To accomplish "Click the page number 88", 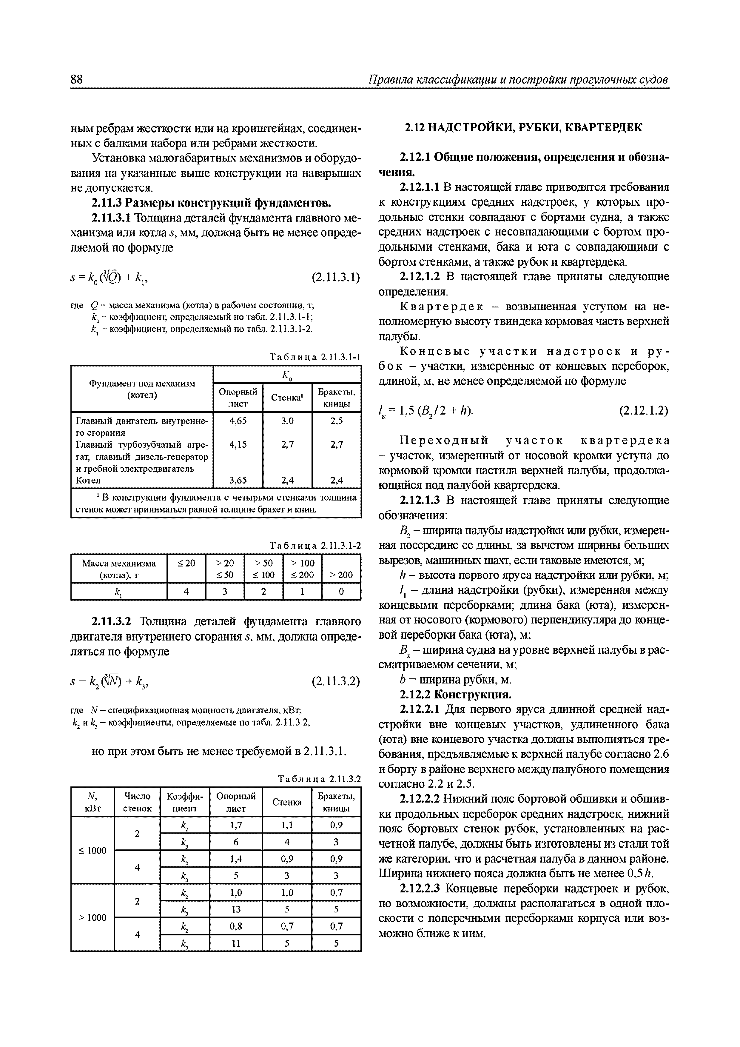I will click(77, 79).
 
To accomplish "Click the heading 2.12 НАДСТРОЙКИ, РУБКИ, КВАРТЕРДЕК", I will click(523, 128).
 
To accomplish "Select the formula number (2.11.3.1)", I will click(336, 277).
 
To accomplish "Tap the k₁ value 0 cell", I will click(341, 592).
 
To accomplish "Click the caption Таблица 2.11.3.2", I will click(319, 779).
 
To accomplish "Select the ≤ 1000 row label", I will click(92, 850).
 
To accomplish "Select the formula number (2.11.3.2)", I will click(336, 681).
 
